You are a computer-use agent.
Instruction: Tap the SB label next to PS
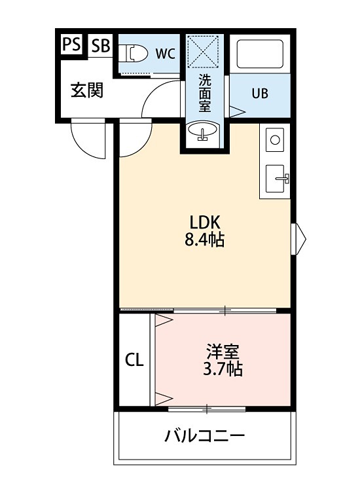tap(100, 45)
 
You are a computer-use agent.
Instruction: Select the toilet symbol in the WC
tap(134, 52)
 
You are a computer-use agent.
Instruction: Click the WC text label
tap(164, 54)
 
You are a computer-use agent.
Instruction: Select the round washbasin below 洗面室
tap(204, 133)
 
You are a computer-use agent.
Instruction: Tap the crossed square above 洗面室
tap(204, 51)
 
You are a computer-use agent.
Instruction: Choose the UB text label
tap(260, 93)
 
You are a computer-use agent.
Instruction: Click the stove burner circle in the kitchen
tap(275, 139)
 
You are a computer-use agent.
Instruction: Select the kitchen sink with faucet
tap(276, 177)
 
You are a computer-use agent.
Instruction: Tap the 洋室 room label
tap(223, 352)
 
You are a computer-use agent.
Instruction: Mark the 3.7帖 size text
tap(223, 369)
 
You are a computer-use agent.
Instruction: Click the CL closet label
tap(134, 360)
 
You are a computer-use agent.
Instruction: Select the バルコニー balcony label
tap(204, 435)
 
